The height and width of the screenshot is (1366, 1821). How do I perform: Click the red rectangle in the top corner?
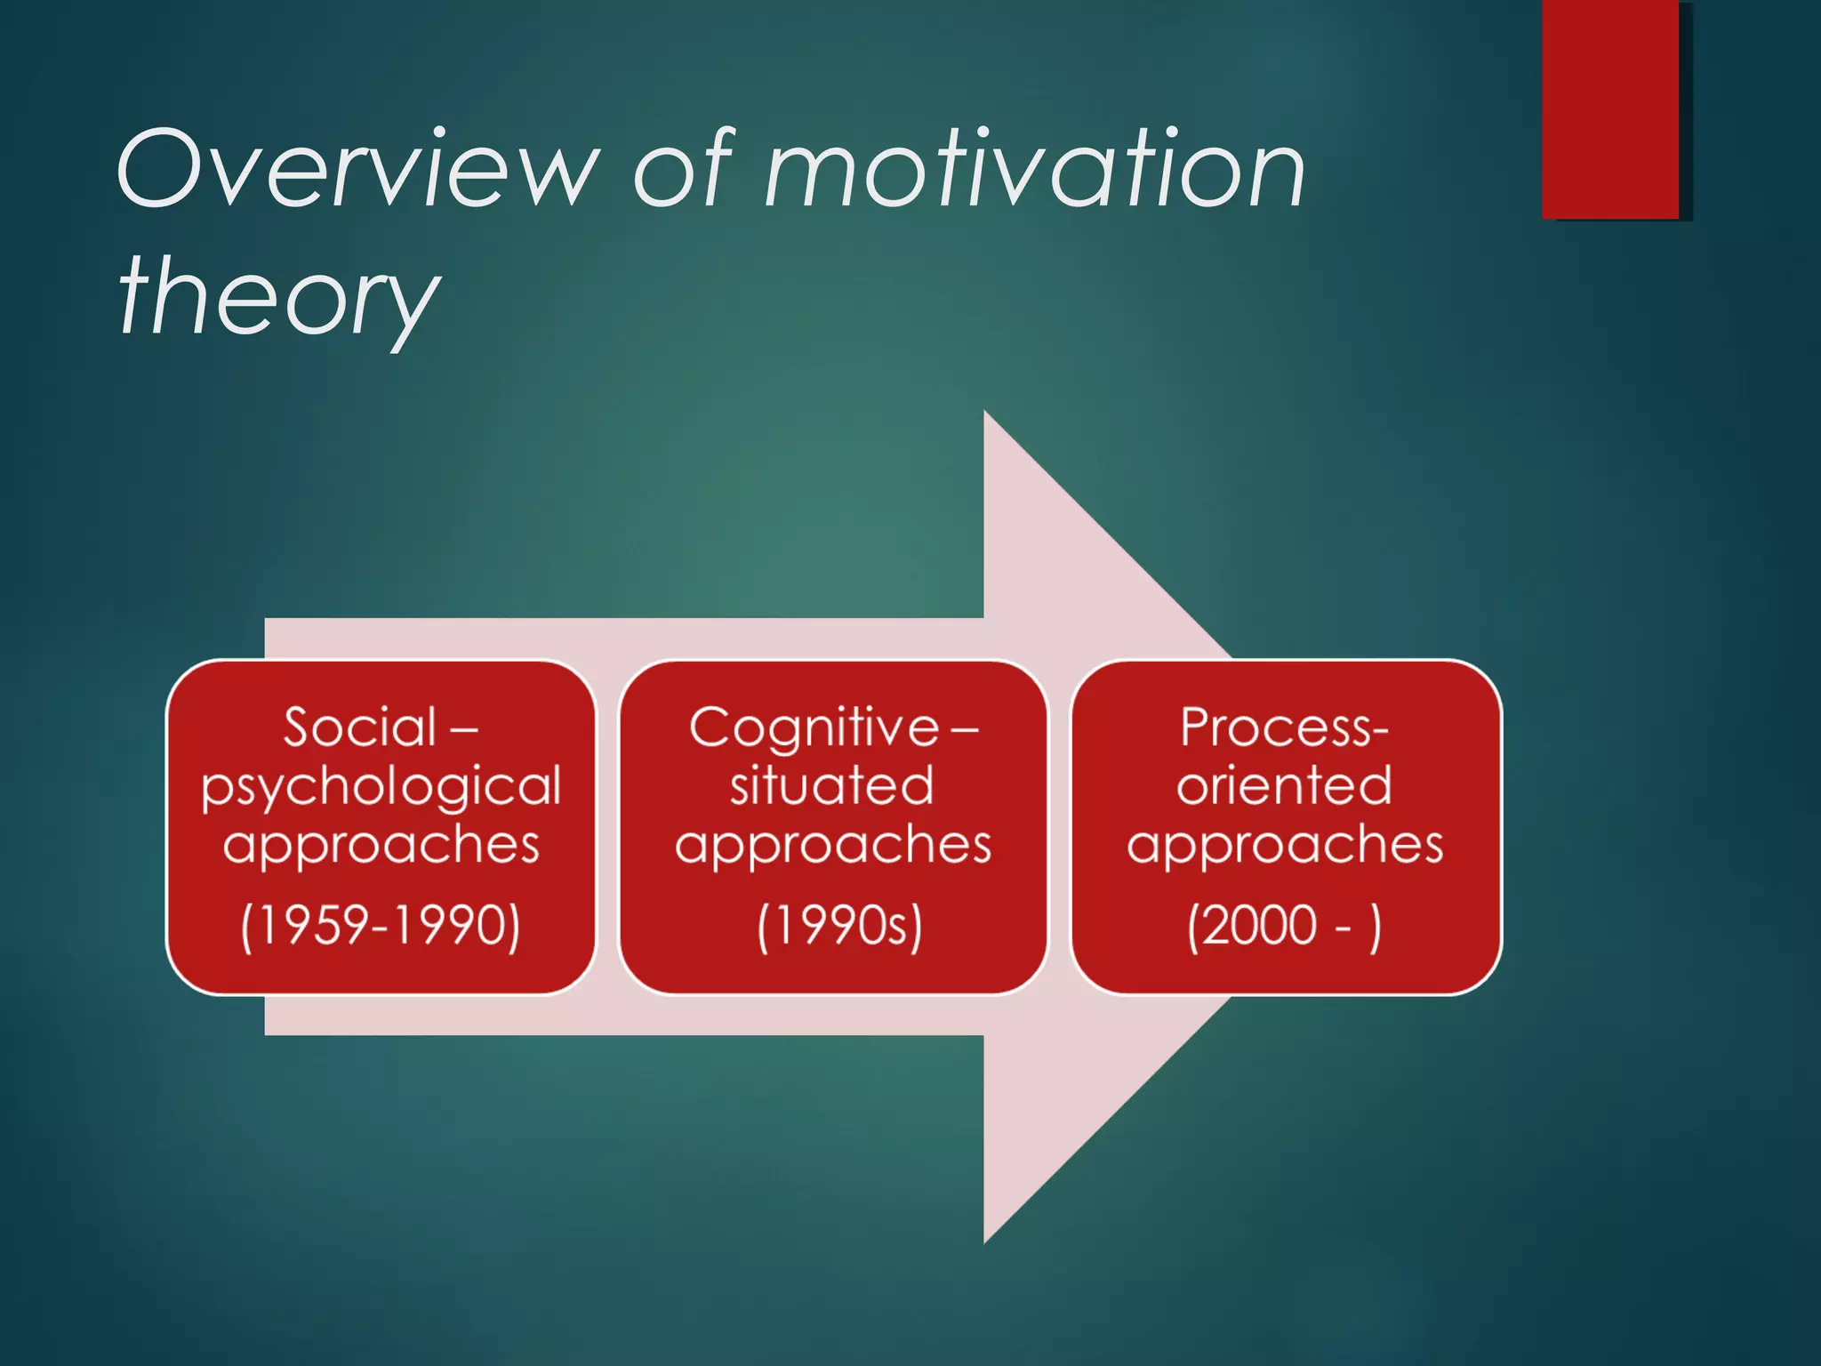pyautogui.click(x=1610, y=108)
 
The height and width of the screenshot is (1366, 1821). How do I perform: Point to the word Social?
pyautogui.click(x=360, y=727)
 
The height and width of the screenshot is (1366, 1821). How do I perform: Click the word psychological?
pyautogui.click(x=381, y=786)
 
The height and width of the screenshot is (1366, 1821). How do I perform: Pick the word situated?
pyautogui.click(x=832, y=785)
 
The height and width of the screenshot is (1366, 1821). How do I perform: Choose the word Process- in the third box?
pyautogui.click(x=1284, y=727)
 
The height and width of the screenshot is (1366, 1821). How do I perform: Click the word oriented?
pyautogui.click(x=1284, y=785)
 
